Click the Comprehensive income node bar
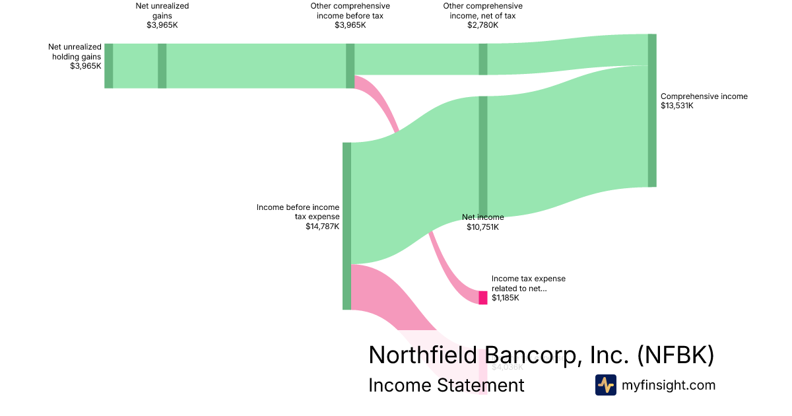(x=652, y=110)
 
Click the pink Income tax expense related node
(x=483, y=298)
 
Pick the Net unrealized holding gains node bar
(x=109, y=65)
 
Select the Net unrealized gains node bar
(x=162, y=65)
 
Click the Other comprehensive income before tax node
(x=350, y=65)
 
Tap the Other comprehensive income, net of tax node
(x=483, y=59)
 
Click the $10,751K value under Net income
(x=482, y=227)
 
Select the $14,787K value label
(x=322, y=226)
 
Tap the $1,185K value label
(x=506, y=298)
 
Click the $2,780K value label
(x=482, y=25)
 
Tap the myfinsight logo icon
(x=605, y=385)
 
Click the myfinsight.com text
(x=669, y=385)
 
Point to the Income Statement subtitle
(x=446, y=385)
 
